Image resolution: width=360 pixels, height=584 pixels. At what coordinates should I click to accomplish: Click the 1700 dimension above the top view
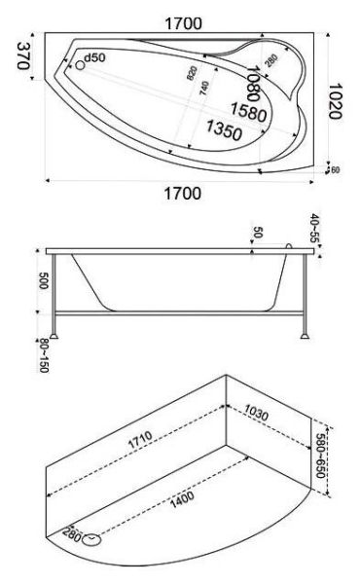(182, 19)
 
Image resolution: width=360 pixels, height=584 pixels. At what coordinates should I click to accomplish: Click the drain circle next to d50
(80, 66)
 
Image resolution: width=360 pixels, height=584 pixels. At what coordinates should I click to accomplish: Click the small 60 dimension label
(334, 170)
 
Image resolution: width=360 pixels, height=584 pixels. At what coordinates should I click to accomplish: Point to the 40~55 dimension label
(316, 228)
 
